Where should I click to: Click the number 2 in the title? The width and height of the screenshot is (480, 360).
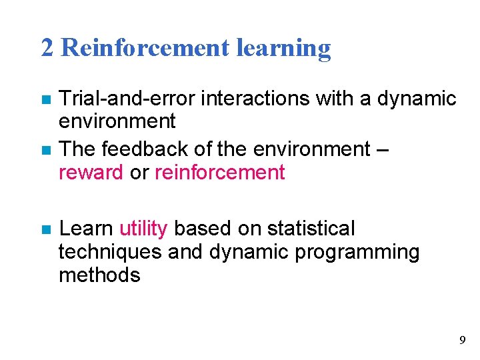(47, 48)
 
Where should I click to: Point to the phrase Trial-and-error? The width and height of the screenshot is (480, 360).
(127, 99)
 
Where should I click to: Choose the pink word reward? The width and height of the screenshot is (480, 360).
(91, 173)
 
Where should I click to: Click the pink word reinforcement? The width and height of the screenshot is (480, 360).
(219, 173)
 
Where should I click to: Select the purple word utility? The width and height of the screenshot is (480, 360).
(143, 229)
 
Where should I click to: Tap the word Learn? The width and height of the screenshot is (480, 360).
(86, 229)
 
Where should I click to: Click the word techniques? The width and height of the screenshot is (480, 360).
(110, 252)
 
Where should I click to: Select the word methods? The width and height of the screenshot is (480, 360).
(99, 275)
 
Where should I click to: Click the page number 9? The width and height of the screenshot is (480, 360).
(463, 341)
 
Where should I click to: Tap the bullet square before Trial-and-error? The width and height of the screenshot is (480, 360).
(45, 100)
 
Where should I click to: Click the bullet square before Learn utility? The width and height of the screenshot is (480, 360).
(45, 230)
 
